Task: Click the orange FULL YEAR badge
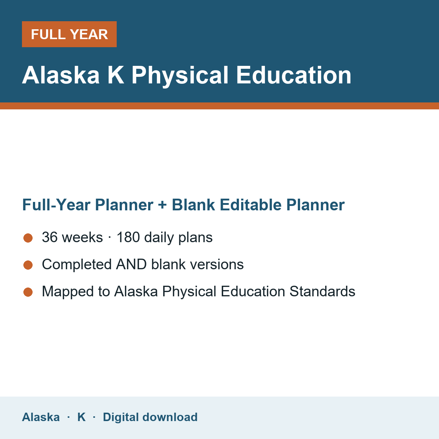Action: pyautogui.click(x=69, y=34)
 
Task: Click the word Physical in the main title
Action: pyautogui.click(x=180, y=76)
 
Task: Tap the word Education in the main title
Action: pyautogui.click(x=294, y=75)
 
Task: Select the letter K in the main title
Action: pyautogui.click(x=116, y=75)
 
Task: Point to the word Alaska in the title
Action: pyautogui.click(x=61, y=75)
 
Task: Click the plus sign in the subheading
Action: pyautogui.click(x=162, y=205)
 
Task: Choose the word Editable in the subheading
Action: pyautogui.click(x=251, y=205)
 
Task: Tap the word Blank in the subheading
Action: pyautogui.click(x=193, y=205)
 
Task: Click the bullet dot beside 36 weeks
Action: pyautogui.click(x=28, y=238)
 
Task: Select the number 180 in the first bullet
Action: pyautogui.click(x=128, y=237)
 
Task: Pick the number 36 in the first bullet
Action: pyautogui.click(x=50, y=237)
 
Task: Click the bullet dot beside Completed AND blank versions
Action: pyautogui.click(x=28, y=265)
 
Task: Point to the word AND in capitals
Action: pyautogui.click(x=131, y=264)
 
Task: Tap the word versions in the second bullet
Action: pyautogui.click(x=217, y=264)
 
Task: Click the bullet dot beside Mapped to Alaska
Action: pyautogui.click(x=28, y=292)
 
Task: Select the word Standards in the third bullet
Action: pyautogui.click(x=322, y=291)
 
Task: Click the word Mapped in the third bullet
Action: pyautogui.click(x=68, y=292)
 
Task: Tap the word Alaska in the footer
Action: pyautogui.click(x=41, y=417)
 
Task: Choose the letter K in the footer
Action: pyautogui.click(x=82, y=417)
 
